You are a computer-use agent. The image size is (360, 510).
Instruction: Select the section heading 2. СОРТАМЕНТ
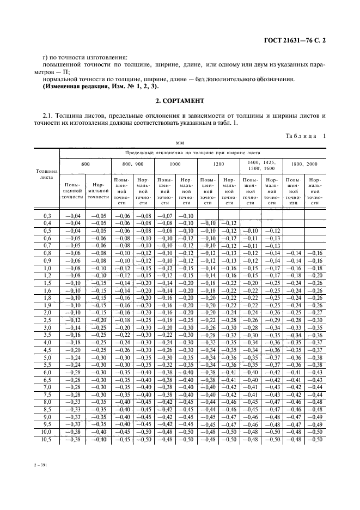coord(180,101)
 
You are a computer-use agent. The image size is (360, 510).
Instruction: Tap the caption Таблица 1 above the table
coord(305,136)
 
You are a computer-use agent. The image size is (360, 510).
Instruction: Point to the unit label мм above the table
coord(180,143)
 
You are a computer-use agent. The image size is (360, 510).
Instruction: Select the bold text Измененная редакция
coord(74,86)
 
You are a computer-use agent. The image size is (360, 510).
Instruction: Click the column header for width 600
coord(86,163)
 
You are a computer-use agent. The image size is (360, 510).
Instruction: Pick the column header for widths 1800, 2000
coord(304,163)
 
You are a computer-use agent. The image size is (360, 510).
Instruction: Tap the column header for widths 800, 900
coord(133,163)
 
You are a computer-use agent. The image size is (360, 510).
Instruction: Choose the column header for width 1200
coord(218,163)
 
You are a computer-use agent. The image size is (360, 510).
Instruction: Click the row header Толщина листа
coord(47,174)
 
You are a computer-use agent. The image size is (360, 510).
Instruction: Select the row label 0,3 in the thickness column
coord(47,216)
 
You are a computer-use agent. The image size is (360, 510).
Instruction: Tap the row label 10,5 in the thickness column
coord(47,439)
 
